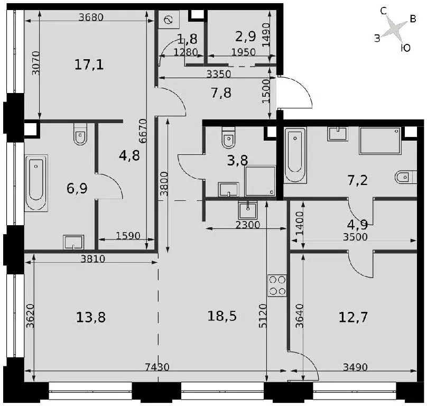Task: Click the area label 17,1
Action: click(89, 65)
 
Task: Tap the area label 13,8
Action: click(91, 317)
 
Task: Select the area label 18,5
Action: click(222, 316)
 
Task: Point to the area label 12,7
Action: click(353, 317)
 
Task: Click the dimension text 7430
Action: click(157, 367)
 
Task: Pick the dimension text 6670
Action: click(143, 131)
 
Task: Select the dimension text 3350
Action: click(219, 74)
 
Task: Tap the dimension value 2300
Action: click(247, 225)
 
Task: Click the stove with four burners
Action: click(277, 285)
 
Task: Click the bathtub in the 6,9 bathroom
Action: click(36, 183)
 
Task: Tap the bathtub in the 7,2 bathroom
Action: click(295, 155)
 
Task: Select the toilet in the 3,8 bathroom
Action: click(228, 137)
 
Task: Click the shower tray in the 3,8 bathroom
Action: click(260, 181)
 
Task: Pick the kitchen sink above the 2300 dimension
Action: click(247, 210)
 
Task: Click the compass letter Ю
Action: click(406, 48)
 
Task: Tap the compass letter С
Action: click(384, 11)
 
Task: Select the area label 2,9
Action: click(245, 36)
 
